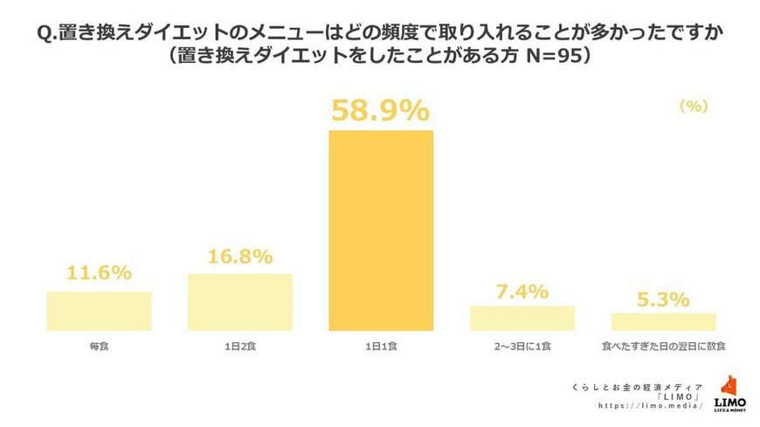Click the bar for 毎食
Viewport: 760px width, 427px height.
99,311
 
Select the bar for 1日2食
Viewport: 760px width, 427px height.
239,302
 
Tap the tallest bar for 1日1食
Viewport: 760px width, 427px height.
381,231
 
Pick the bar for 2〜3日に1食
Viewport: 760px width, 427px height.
522,318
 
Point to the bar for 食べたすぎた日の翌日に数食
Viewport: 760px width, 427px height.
663,321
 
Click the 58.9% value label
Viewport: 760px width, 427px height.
380,110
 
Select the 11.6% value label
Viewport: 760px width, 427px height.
99,272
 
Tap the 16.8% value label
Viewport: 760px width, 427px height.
239,257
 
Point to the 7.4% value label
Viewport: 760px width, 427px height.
522,290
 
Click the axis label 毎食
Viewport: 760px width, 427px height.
99,348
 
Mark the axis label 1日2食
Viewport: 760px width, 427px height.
239,348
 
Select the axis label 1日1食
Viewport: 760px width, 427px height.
381,348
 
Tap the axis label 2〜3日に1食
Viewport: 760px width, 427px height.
522,348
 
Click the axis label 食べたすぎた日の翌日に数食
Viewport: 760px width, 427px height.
663,348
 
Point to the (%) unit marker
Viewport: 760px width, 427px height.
693,106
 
